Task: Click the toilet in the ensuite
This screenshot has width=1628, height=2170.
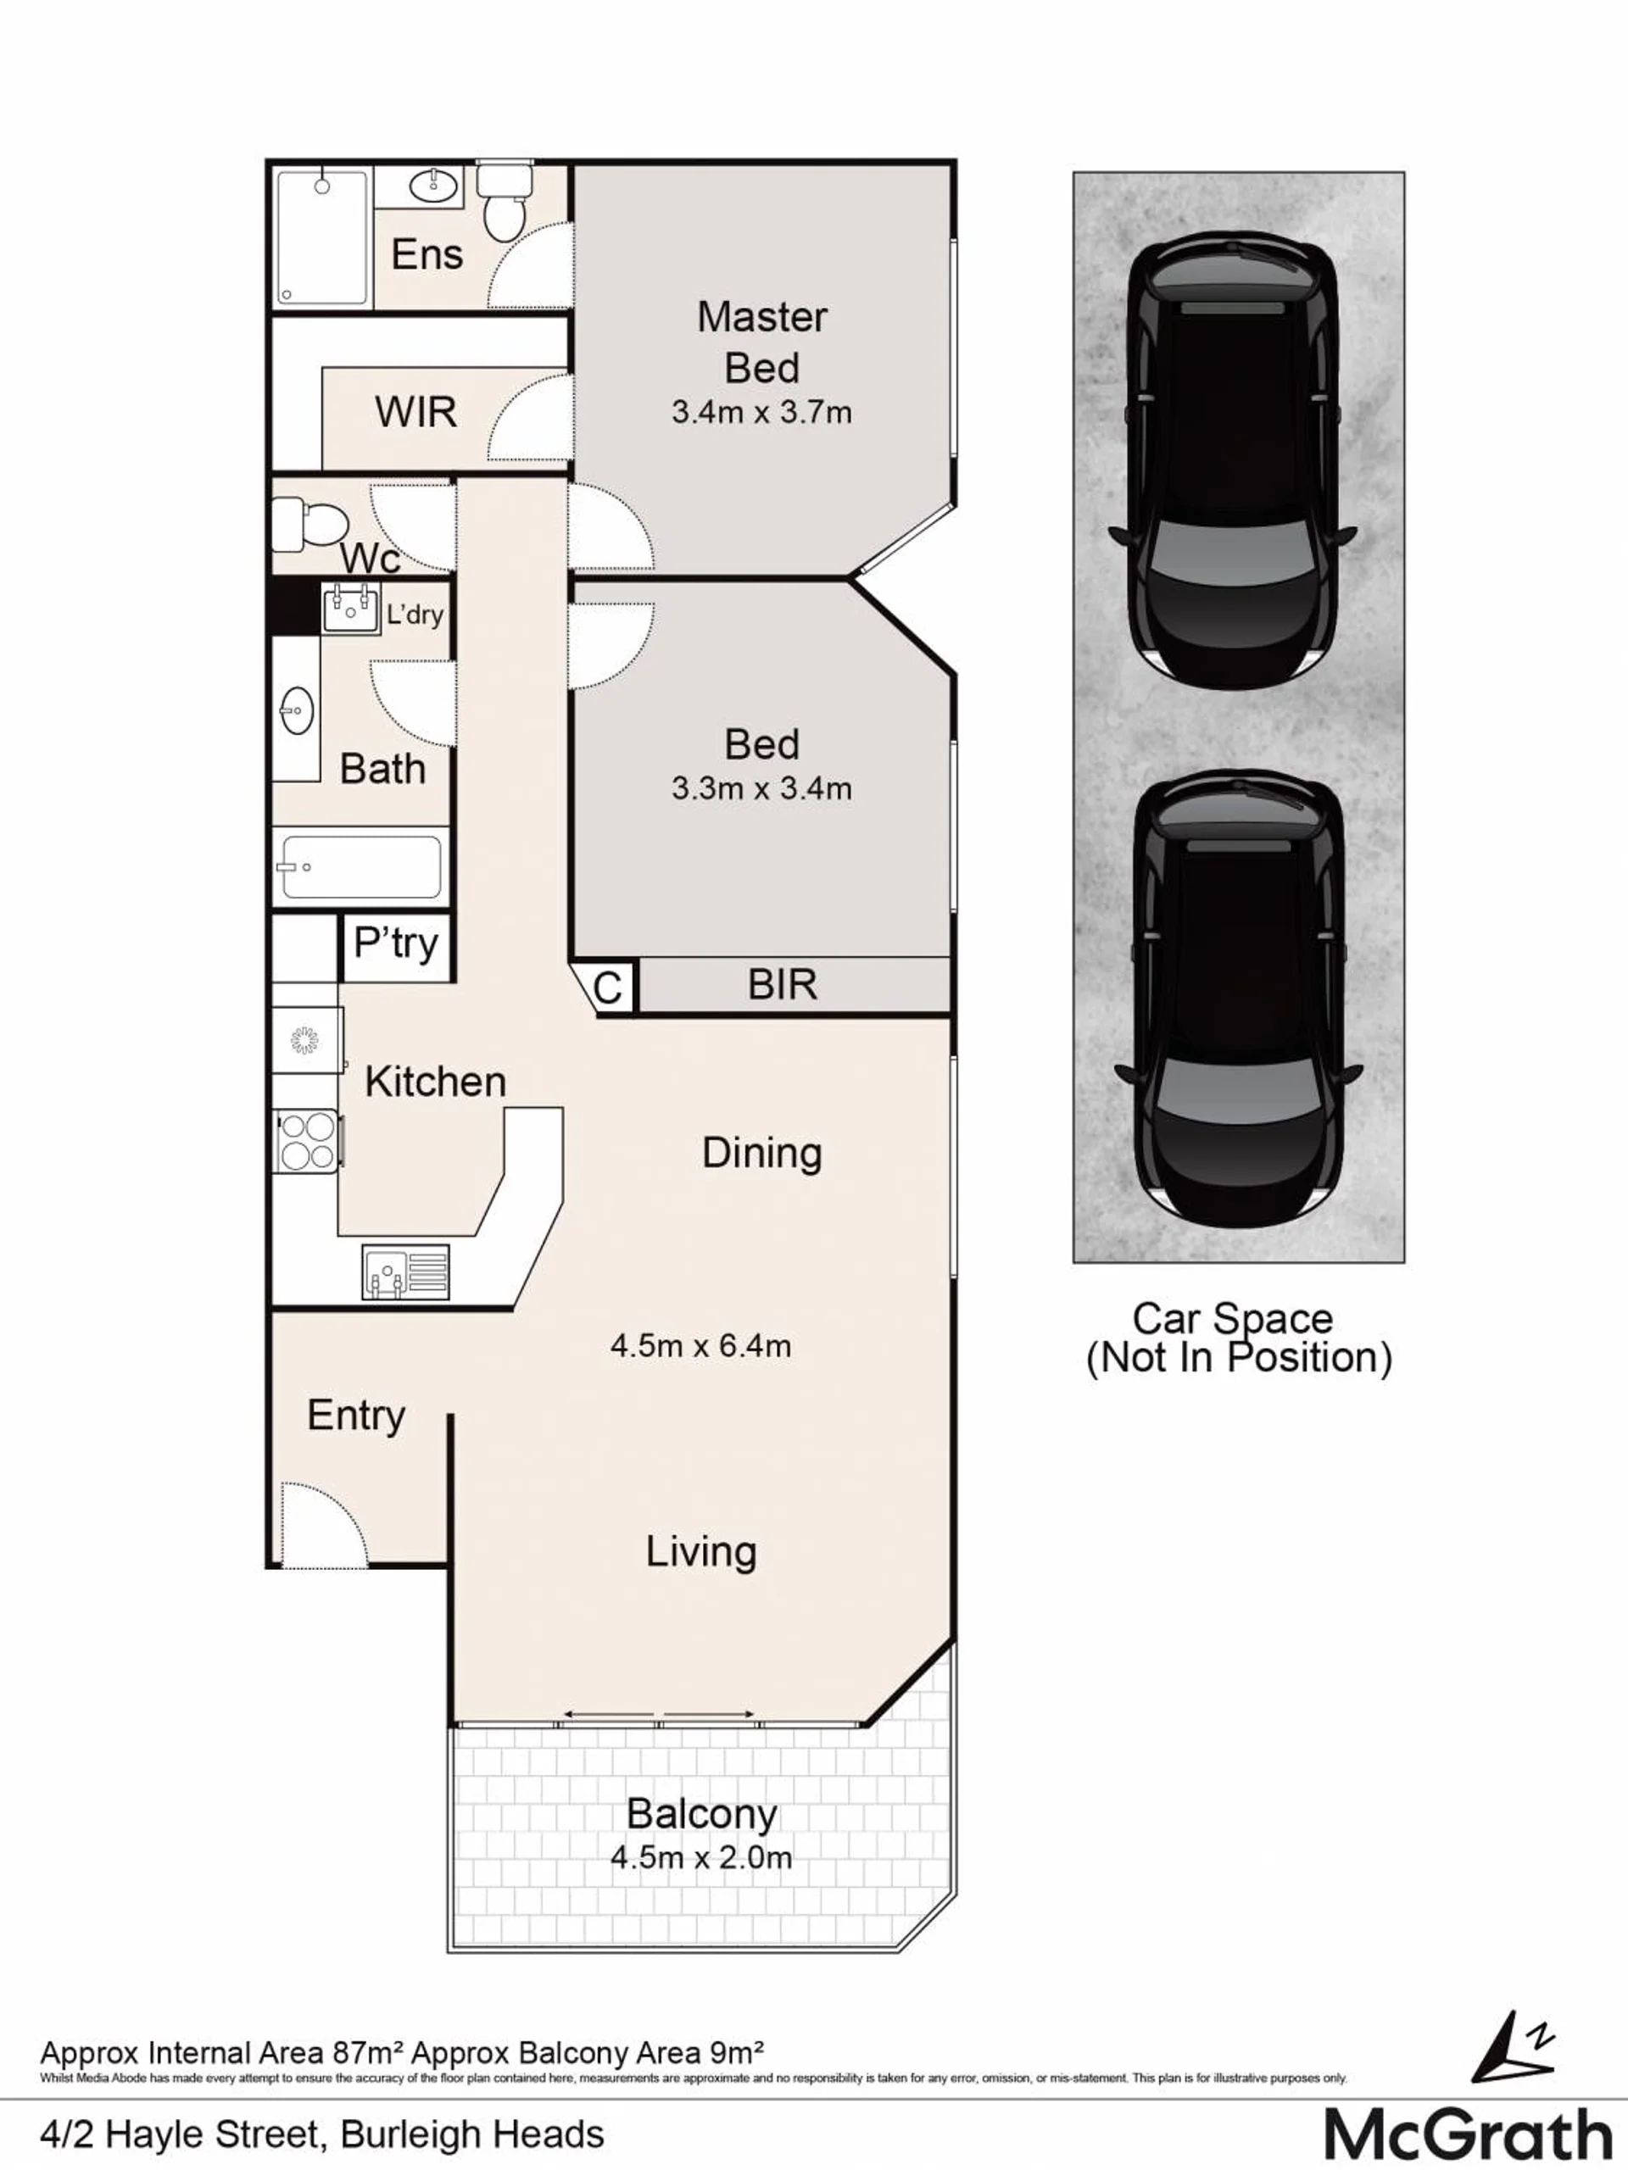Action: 505,201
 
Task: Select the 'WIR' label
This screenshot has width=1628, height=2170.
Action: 416,412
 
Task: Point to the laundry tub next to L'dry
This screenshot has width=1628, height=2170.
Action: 350,609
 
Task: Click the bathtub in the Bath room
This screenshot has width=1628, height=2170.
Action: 361,867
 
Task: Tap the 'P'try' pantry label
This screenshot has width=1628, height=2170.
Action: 395,943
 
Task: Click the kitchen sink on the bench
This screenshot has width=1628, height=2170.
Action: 405,1271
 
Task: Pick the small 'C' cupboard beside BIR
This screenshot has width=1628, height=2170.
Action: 609,987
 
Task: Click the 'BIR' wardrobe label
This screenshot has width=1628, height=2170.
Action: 782,984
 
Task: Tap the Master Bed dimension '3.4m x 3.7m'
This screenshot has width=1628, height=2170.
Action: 761,412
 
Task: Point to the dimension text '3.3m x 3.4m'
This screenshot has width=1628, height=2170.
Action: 761,787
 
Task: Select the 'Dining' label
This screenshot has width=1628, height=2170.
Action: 761,1154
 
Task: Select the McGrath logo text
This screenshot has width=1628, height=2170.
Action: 1467,2134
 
